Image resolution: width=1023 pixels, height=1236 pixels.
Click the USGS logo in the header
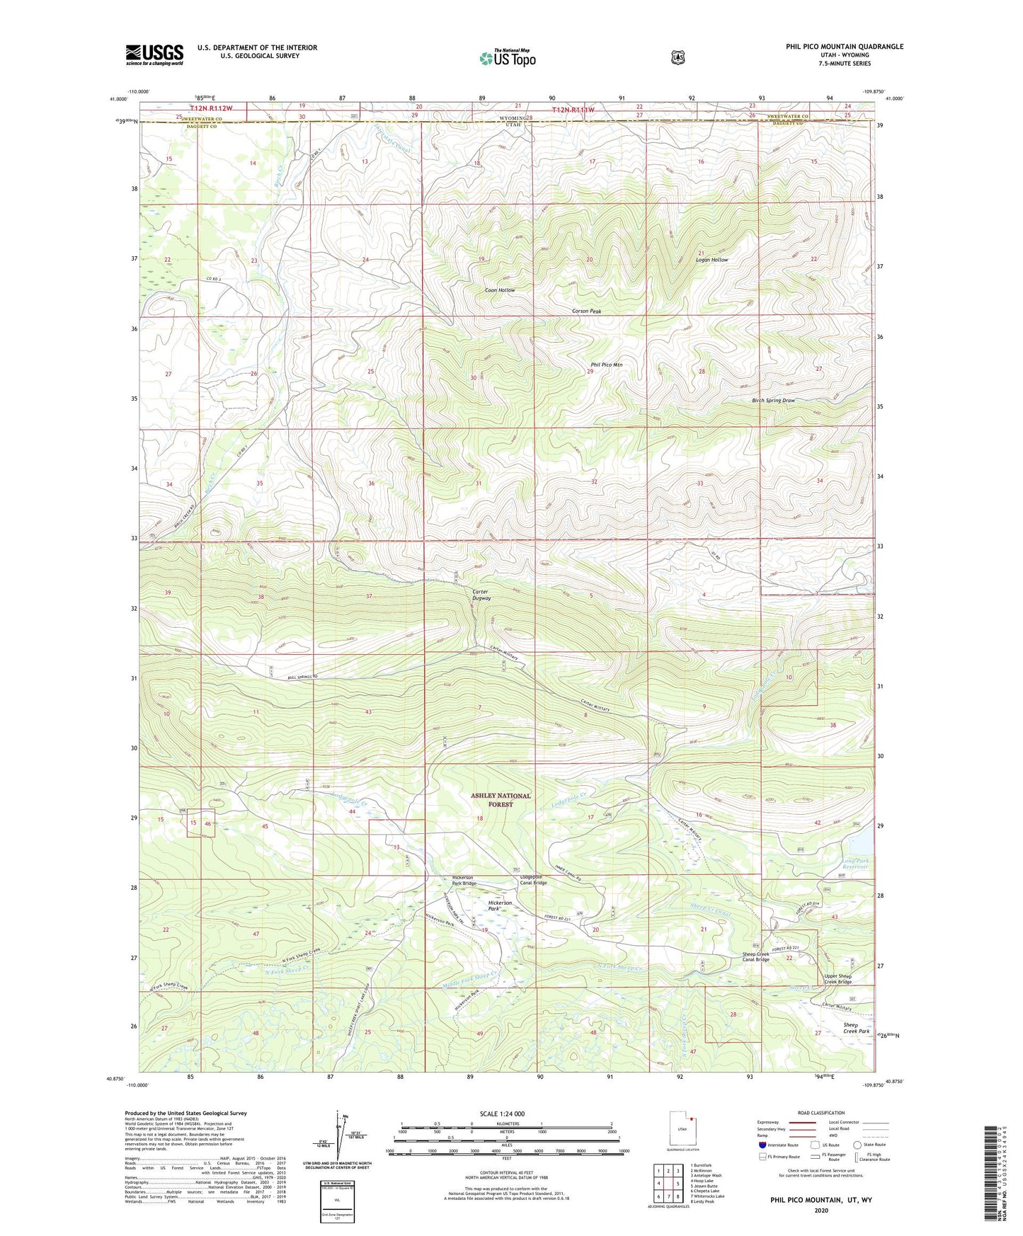154,55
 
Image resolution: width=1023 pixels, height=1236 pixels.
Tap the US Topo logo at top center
507,57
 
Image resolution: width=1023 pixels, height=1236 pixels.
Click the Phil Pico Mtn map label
607,365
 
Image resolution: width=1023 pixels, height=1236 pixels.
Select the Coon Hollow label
499,290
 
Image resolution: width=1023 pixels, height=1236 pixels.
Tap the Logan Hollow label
711,260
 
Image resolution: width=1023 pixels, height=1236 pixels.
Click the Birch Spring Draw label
773,401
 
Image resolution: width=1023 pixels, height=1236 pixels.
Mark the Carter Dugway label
481,595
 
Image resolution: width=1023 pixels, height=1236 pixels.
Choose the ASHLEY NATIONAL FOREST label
501,800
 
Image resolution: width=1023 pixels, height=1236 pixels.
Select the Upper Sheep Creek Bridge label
838,979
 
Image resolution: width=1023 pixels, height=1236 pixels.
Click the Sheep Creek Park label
856,1028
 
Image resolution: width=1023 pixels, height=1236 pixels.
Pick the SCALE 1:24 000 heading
502,1114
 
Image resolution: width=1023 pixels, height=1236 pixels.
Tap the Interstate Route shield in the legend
762,1145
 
